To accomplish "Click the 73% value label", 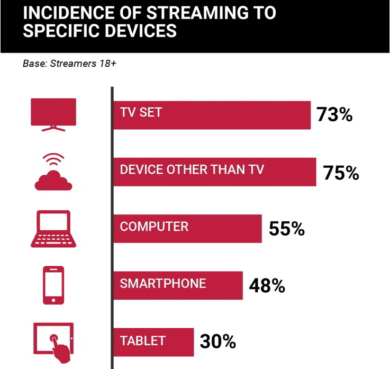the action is pos(334,115).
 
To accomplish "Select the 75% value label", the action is pos(341,173).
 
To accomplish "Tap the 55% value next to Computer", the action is pos(286,228).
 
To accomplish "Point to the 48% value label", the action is pos(267,286).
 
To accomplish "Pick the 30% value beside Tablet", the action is pos(217,341).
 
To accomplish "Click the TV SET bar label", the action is pos(141,112).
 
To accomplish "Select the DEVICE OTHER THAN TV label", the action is pos(192,169).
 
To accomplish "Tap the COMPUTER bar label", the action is pos(154,227).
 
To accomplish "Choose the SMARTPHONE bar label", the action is pos(163,283).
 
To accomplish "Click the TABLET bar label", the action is pos(142,340).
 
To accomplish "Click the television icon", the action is pos(53,115).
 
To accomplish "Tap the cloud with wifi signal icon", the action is pos(53,172).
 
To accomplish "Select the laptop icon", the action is pos(53,229).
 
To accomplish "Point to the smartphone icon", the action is pos(53,285).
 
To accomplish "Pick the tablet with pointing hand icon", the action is pos(53,342).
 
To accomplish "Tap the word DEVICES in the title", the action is pos(141,31).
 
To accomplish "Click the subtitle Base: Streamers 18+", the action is pos(69,64).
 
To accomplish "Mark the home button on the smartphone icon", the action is pos(53,300).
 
